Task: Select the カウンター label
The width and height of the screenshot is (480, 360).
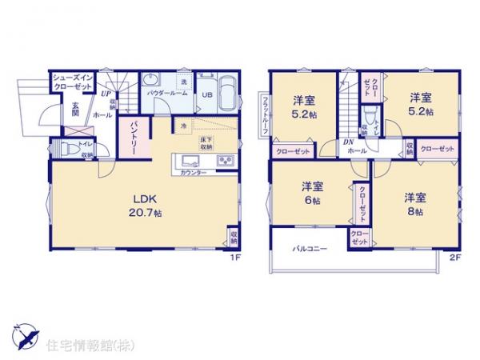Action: [x=194, y=173]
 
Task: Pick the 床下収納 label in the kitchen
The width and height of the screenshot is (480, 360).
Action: [x=206, y=144]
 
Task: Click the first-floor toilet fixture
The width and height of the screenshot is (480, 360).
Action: [x=65, y=149]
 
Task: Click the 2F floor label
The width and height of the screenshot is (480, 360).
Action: [x=455, y=258]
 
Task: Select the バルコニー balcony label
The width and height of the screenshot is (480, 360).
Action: [x=309, y=249]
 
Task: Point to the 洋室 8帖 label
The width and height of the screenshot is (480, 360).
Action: [x=415, y=203]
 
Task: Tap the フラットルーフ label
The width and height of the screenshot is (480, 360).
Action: [x=264, y=114]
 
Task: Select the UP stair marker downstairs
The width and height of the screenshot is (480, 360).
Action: [x=106, y=94]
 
